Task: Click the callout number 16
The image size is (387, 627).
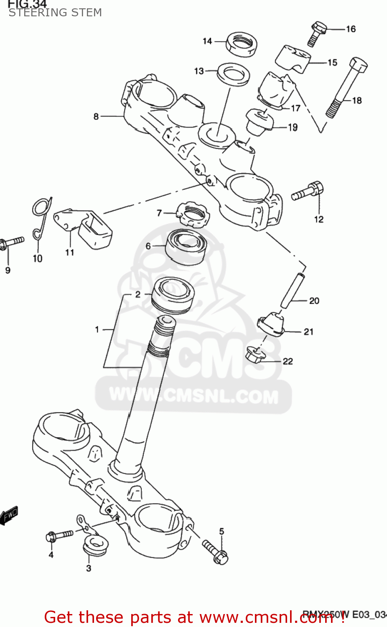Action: (x=351, y=29)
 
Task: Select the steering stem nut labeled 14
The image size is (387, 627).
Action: (x=241, y=44)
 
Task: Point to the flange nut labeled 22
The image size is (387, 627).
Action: (x=255, y=355)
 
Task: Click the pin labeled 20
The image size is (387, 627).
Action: (x=292, y=290)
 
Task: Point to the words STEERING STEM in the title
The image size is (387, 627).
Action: (x=55, y=13)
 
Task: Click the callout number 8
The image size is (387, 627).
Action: (x=96, y=116)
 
